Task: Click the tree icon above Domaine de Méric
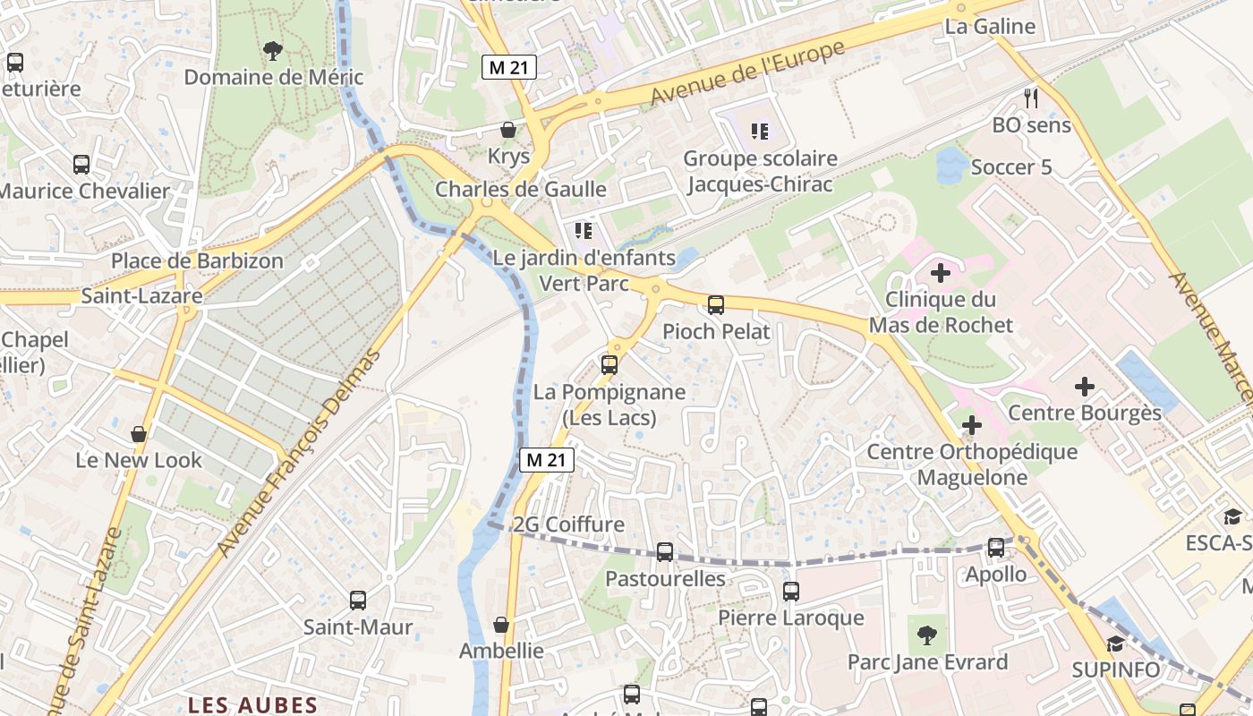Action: [x=273, y=50]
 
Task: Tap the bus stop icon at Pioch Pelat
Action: [x=716, y=305]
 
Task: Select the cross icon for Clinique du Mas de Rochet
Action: [x=941, y=272]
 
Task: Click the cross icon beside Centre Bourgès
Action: [x=1085, y=387]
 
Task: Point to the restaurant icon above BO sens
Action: [x=1031, y=98]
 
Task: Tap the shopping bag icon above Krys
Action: [x=508, y=130]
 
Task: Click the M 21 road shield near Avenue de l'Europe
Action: [x=509, y=67]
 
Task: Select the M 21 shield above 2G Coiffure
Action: [x=547, y=460]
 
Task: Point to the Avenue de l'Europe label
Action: [x=747, y=72]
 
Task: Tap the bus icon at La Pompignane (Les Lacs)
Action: [x=609, y=365]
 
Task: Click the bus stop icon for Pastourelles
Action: [x=665, y=552]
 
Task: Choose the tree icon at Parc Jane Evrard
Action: [x=927, y=635]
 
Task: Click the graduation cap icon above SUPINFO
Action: [x=1115, y=644]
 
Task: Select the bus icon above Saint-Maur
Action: [x=358, y=601]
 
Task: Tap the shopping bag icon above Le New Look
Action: [x=139, y=434]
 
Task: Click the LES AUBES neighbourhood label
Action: [x=252, y=705]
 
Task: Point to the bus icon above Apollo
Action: [x=996, y=548]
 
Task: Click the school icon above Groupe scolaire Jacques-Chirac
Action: [x=760, y=132]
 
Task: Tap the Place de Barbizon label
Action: [x=197, y=261]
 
